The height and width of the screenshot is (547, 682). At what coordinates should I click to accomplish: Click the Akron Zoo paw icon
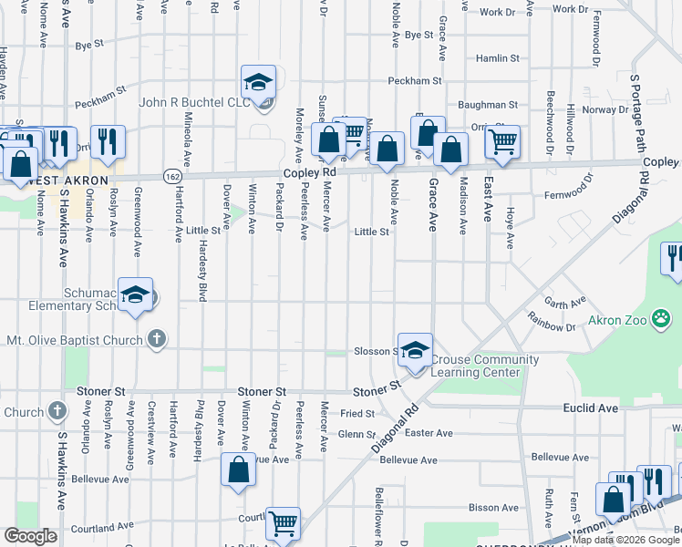[x=663, y=319]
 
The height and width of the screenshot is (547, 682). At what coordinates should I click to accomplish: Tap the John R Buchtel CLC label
[x=193, y=102]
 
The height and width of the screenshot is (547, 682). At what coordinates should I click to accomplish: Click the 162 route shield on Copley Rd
[x=171, y=175]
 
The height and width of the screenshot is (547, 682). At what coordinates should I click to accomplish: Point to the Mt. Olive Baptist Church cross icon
[x=156, y=340]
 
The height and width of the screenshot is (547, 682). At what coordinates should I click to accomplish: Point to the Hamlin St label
[x=498, y=57]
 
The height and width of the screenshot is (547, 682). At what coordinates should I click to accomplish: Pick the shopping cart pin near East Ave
[x=502, y=142]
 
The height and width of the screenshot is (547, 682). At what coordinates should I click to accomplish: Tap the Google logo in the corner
[x=31, y=536]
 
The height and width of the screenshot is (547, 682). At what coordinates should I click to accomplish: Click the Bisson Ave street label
[x=493, y=507]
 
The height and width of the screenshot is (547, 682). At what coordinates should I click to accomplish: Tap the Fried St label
[x=357, y=413]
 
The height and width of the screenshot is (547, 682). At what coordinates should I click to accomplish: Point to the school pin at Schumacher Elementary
[x=135, y=295]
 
